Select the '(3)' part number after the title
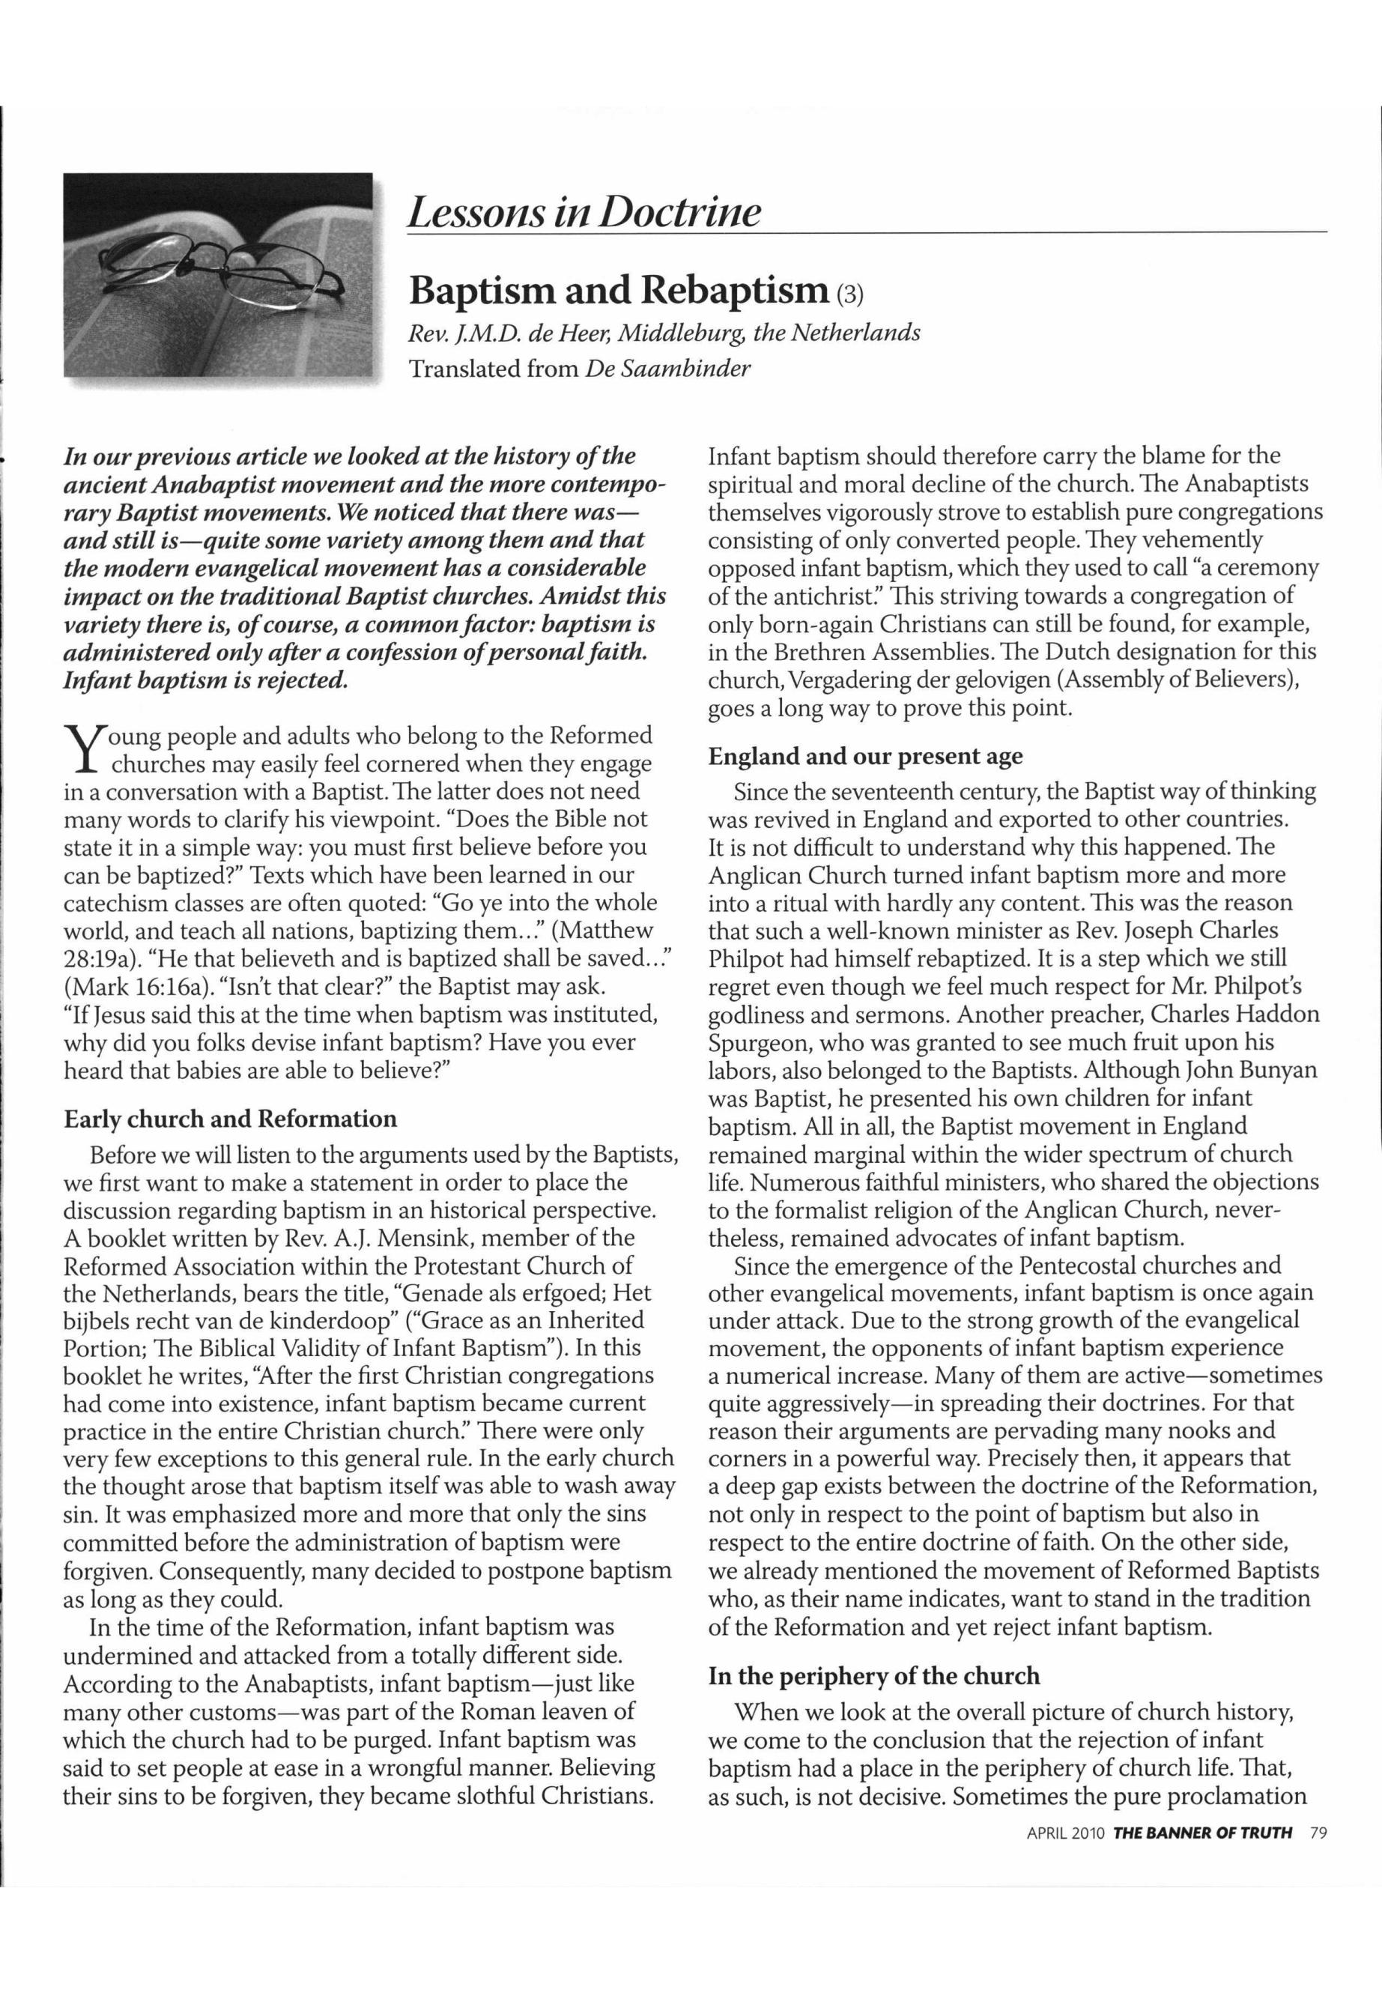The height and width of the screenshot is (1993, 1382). pos(849,294)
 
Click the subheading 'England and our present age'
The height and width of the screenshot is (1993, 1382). pos(865,756)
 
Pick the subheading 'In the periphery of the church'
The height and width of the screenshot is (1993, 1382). pos(873,1675)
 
